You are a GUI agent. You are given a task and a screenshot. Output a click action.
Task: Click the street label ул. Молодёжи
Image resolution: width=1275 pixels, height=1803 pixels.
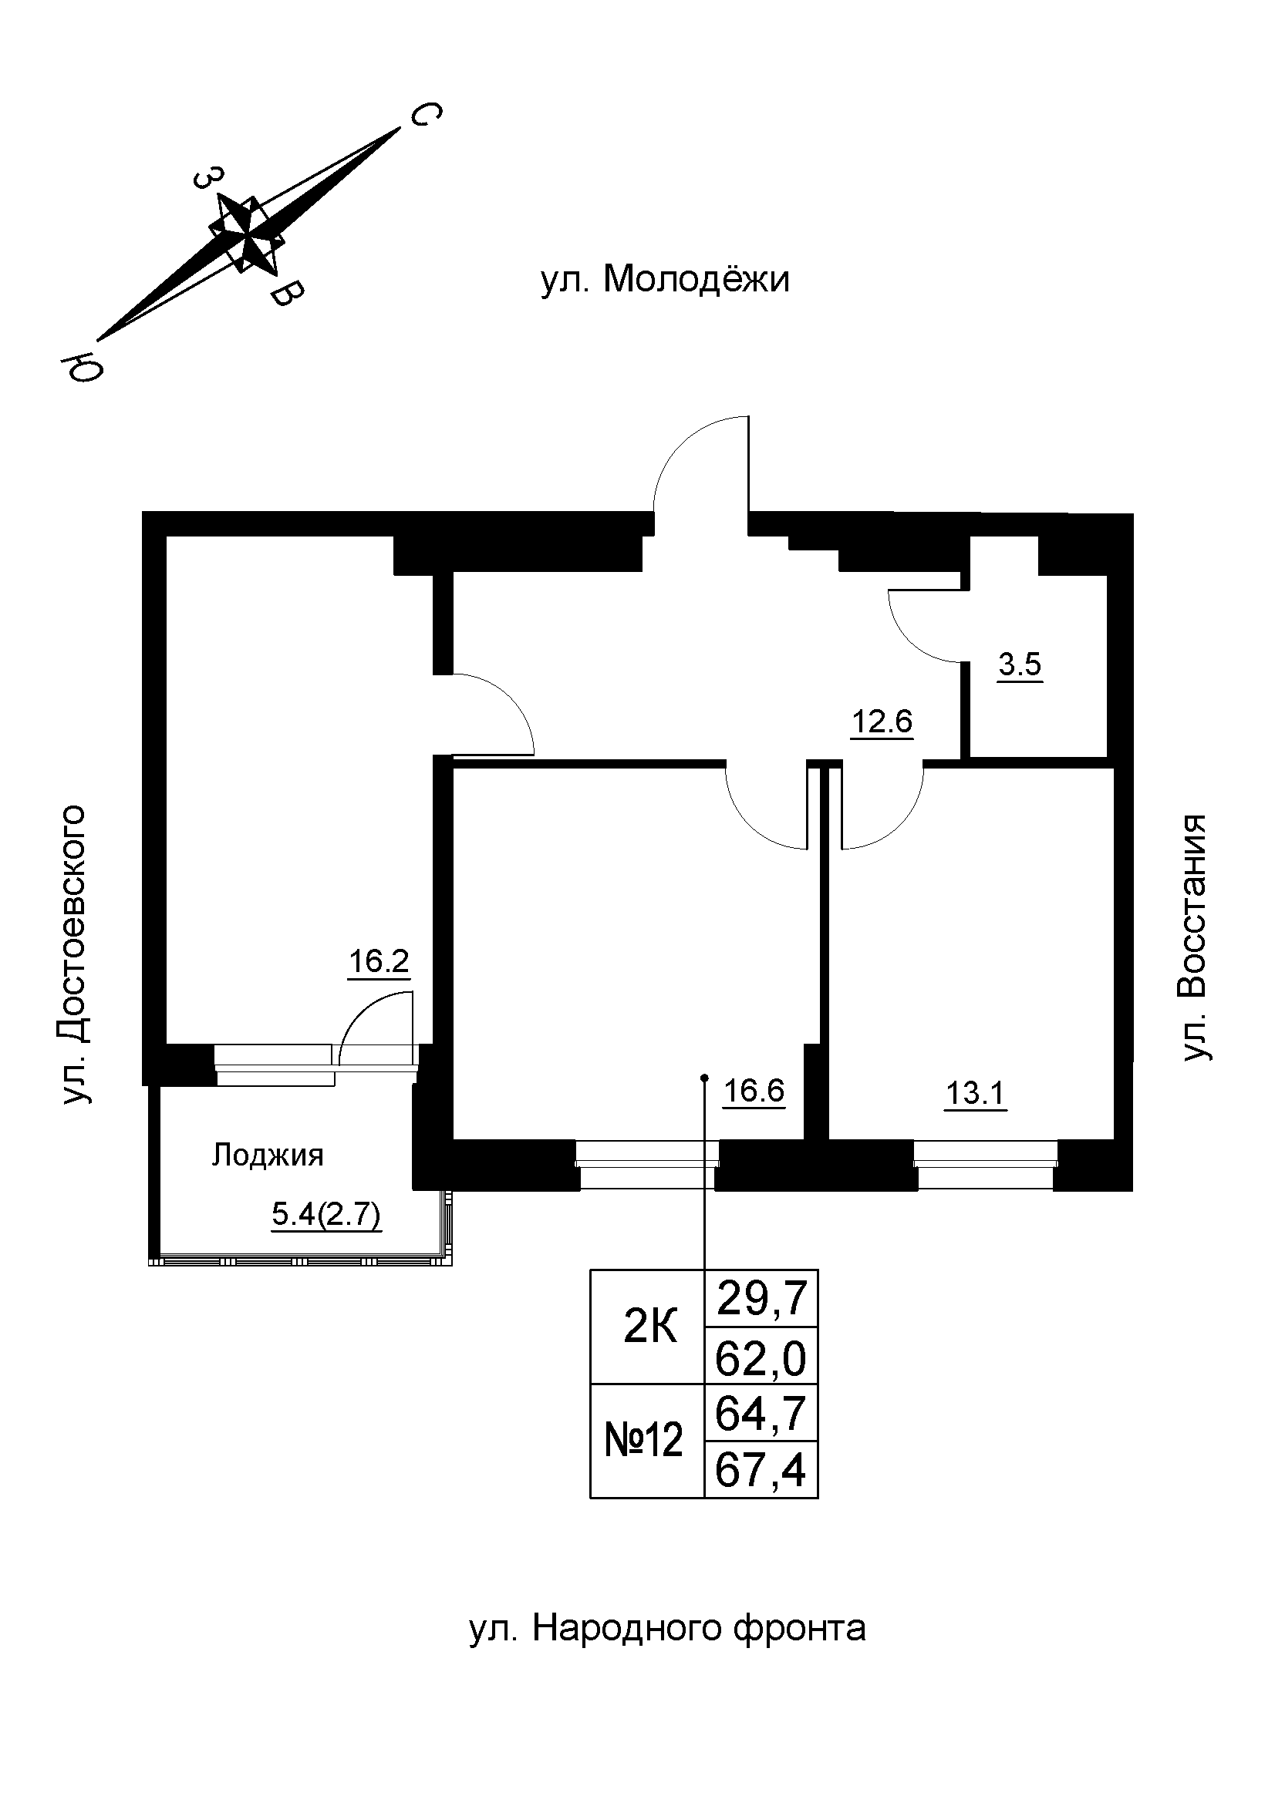pyautogui.click(x=665, y=280)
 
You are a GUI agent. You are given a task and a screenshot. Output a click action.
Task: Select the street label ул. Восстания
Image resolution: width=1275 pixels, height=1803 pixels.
pyautogui.click(x=1194, y=938)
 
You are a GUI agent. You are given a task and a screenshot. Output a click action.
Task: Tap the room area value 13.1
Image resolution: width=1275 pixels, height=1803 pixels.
pyautogui.click(x=975, y=1093)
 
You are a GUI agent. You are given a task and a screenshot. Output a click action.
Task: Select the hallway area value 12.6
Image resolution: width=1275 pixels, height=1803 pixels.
pyautogui.click(x=882, y=720)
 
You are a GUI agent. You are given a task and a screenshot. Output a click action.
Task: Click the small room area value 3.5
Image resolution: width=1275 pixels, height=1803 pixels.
pyautogui.click(x=1020, y=665)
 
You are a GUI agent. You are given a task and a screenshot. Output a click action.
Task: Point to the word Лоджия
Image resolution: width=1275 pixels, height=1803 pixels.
pyautogui.click(x=267, y=1155)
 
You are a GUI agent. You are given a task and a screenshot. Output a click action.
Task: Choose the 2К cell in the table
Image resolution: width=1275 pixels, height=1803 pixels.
pyautogui.click(x=649, y=1328)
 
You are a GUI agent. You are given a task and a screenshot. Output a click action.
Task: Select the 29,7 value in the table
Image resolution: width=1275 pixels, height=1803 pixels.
pyautogui.click(x=761, y=1299)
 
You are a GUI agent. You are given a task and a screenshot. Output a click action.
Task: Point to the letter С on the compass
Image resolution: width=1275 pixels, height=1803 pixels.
pyautogui.click(x=423, y=116)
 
